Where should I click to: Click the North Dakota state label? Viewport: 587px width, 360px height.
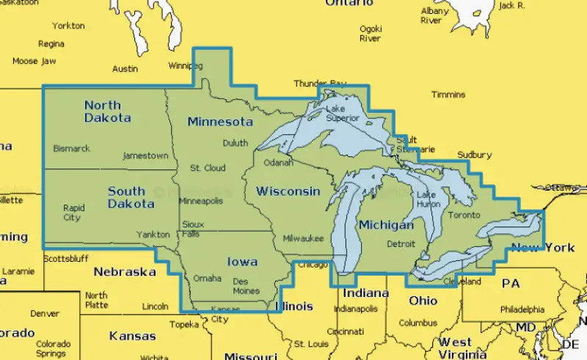click(x=107, y=111)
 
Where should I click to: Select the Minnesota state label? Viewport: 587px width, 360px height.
click(x=219, y=121)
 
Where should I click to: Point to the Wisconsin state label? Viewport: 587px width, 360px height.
click(x=288, y=191)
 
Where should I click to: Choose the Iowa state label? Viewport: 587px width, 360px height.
click(x=241, y=261)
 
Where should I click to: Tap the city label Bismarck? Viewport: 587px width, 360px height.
click(x=72, y=149)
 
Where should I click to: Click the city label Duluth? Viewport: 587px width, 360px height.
click(x=236, y=143)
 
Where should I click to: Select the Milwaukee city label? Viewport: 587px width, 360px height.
click(x=303, y=239)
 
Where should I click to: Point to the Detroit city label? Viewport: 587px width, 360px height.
click(x=401, y=244)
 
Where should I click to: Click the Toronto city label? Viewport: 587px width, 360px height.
click(x=464, y=215)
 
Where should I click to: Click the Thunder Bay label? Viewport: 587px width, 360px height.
click(x=319, y=84)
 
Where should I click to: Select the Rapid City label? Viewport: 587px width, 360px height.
click(x=73, y=213)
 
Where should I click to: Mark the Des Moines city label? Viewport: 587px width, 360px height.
click(x=246, y=286)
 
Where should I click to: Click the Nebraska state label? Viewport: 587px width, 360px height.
click(x=124, y=272)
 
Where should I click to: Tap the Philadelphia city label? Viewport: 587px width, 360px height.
click(x=522, y=309)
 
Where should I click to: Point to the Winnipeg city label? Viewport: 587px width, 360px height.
click(x=185, y=65)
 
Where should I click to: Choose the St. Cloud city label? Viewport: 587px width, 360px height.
click(x=208, y=168)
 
